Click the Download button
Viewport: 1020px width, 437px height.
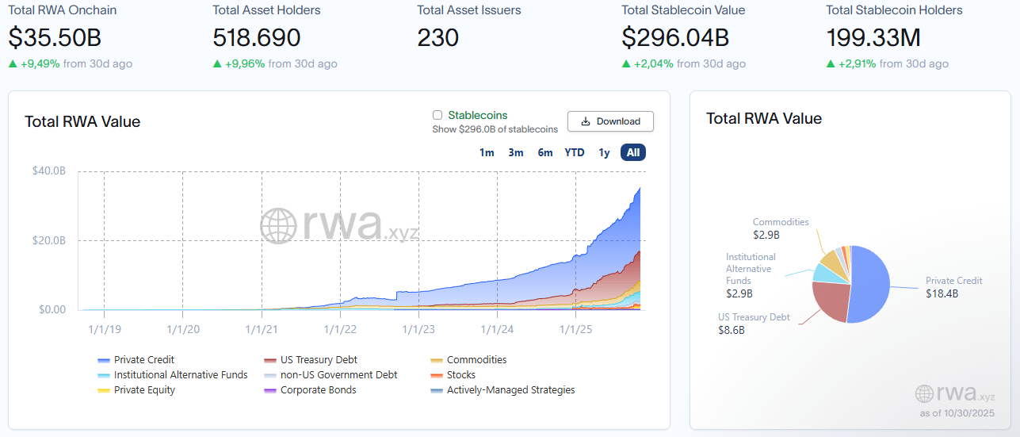[x=609, y=121]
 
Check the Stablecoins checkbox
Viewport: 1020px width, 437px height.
[x=437, y=116]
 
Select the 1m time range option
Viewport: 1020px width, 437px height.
[x=487, y=152]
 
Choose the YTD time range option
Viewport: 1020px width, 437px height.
[x=575, y=152]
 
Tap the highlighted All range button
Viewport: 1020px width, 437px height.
[x=633, y=152]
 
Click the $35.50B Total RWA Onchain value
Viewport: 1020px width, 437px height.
[x=55, y=37]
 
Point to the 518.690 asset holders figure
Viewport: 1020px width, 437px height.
[x=257, y=37]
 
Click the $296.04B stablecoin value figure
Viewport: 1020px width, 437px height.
[x=675, y=37]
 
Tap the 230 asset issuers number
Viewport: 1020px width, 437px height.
[x=437, y=37]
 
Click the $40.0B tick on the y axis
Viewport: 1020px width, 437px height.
[x=48, y=171]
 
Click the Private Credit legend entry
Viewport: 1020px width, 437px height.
[x=143, y=360]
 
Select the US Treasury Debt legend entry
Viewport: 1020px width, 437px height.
[x=319, y=360]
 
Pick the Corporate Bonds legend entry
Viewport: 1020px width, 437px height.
[x=318, y=390]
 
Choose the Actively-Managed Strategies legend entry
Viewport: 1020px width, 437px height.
[x=510, y=390]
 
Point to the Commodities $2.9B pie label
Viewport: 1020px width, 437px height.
[x=781, y=228]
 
